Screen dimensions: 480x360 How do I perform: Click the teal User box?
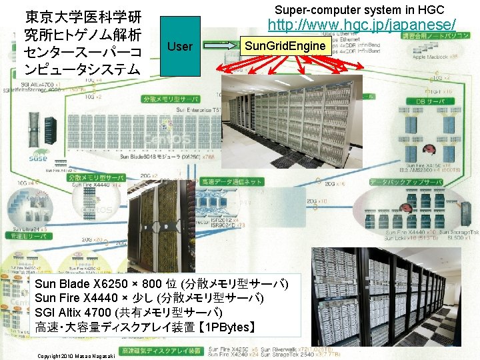[x=180, y=46]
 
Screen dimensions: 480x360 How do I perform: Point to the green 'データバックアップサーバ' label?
[x=405, y=181]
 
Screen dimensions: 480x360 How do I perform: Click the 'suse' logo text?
[x=38, y=158]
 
